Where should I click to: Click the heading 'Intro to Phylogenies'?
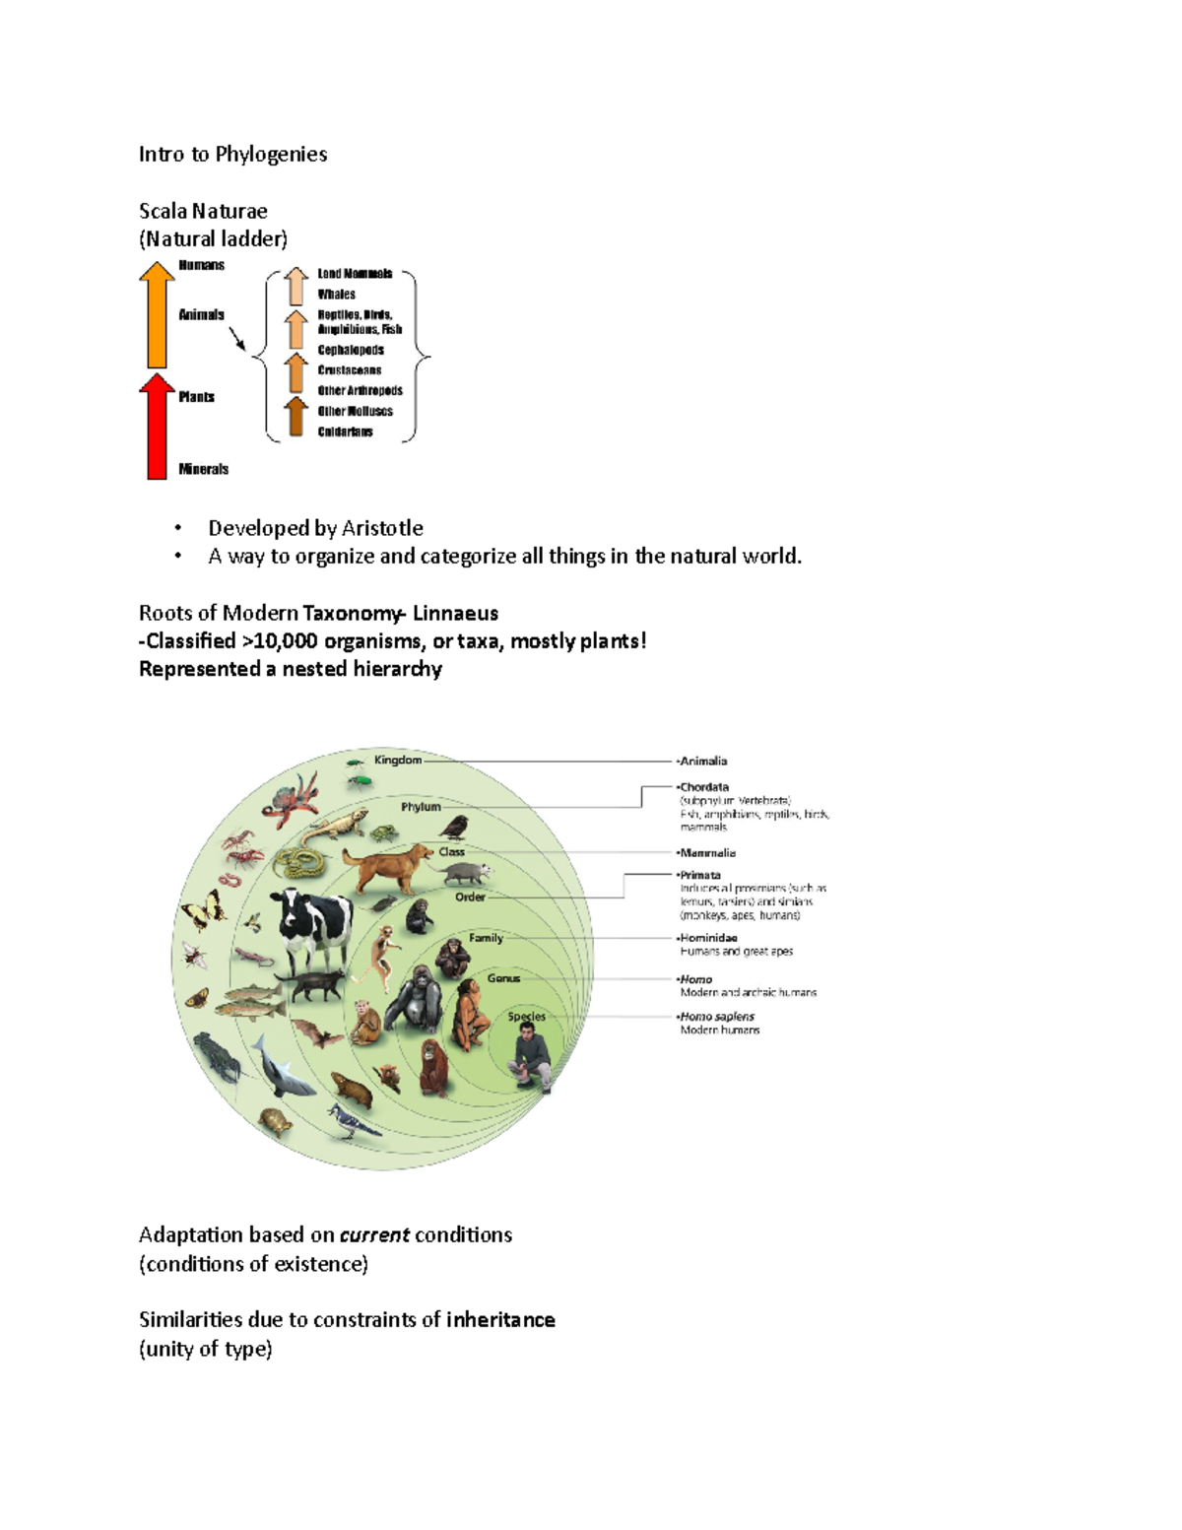232,154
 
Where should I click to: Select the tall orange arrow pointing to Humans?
157,315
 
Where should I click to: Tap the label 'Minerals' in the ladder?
203,469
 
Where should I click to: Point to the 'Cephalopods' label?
350,350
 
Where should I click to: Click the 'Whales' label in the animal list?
336,294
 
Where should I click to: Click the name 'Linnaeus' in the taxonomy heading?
455,613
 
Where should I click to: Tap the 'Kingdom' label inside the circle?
398,760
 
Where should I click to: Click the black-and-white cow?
312,924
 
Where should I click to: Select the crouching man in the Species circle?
531,1057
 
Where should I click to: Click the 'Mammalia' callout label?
707,853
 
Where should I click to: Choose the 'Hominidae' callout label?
708,938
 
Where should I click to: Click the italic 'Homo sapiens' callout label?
717,1017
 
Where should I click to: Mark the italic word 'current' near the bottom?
374,1235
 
